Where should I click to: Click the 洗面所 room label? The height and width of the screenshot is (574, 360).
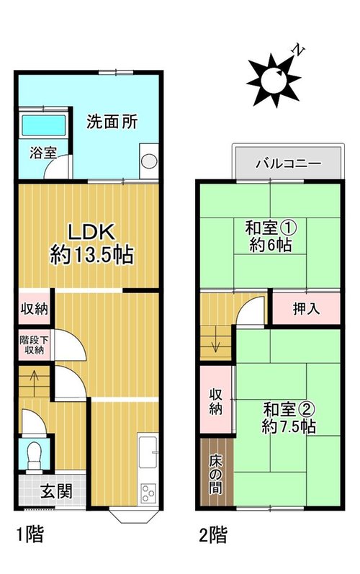coord(112,122)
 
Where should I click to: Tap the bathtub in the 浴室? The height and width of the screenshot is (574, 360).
coord(44,125)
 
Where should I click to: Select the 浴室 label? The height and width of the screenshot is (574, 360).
coord(43,152)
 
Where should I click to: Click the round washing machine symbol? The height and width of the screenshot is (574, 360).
coord(149,161)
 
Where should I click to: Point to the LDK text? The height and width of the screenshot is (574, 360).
coord(92,232)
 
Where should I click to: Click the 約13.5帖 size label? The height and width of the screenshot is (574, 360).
coord(92,254)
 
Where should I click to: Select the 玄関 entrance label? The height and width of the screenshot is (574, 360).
coord(56,491)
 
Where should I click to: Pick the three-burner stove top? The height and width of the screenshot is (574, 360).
coord(148,493)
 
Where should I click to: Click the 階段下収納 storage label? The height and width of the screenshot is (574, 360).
coord(34,344)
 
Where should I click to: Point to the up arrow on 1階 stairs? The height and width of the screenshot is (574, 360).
coord(35,383)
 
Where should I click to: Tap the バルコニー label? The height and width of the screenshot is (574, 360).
coord(288,163)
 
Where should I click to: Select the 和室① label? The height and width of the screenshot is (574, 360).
coord(271,228)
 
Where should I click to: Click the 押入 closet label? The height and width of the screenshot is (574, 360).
coord(306,308)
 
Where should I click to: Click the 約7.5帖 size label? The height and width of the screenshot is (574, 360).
coord(289,426)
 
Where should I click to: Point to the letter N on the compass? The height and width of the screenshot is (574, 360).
coord(300,51)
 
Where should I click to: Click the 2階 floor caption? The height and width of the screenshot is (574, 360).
coord(213,534)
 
